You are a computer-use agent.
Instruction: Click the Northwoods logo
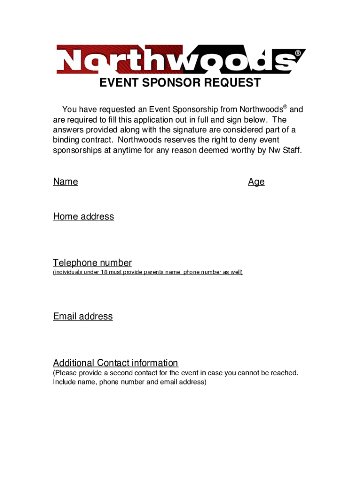point(180,59)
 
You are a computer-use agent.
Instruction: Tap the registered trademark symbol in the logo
point(297,53)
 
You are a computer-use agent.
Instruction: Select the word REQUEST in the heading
point(231,83)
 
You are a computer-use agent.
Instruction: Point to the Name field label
point(65,181)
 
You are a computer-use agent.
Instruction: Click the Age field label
point(256,181)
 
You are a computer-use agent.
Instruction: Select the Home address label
point(83,216)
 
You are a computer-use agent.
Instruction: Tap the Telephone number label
point(92,262)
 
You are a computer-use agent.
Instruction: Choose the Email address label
point(83,316)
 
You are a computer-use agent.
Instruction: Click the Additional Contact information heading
point(115,363)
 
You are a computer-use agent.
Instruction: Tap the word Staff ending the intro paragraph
point(291,150)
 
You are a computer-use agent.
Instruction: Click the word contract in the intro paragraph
point(97,140)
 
